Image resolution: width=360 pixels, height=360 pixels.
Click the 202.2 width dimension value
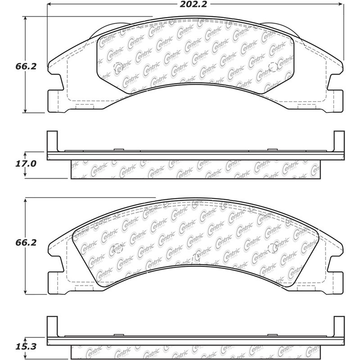pos(193,4)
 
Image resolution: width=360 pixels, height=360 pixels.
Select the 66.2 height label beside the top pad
pos(26,66)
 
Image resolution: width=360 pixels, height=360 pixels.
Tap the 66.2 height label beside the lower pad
pos(26,243)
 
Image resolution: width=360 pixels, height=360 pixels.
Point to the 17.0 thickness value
pos(26,164)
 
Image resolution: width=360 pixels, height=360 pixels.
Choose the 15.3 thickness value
pos(26,346)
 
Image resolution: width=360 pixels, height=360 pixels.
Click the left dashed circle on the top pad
pos(118,67)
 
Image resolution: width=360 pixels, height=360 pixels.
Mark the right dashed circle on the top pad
pos(273,67)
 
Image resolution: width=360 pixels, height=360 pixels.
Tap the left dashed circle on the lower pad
pos(118,248)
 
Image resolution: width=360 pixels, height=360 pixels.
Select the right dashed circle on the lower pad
pos(273,248)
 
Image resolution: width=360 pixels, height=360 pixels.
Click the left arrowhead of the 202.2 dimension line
pos(49,4)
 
